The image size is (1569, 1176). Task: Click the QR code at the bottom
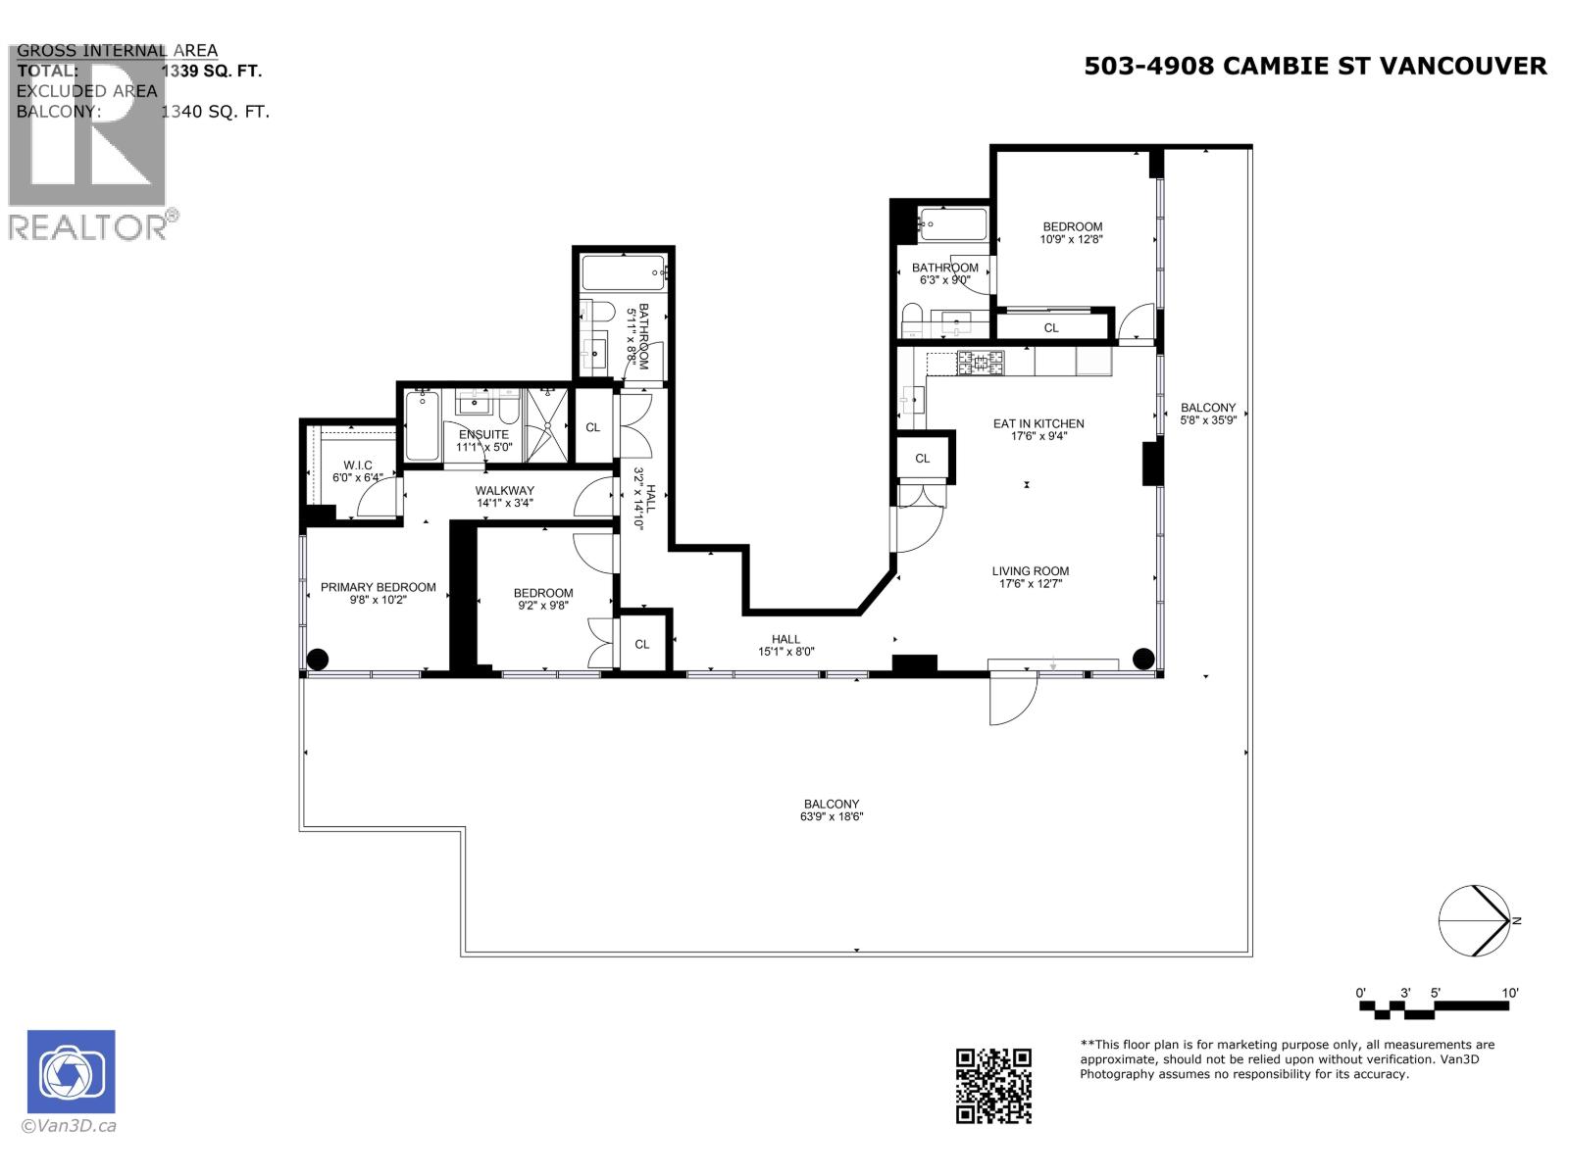(993, 1085)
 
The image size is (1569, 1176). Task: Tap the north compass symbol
(1474, 920)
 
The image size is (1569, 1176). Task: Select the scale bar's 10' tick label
(1509, 993)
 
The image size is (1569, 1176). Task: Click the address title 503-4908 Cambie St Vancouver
(1315, 66)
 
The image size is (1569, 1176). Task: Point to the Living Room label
(1030, 570)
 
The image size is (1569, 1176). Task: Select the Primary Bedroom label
(378, 587)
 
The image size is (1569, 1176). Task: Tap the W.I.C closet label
(357, 465)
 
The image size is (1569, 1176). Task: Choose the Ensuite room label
(482, 434)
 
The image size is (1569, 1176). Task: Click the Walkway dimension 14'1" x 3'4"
(504, 503)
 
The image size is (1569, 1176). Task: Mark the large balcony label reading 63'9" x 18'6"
(832, 816)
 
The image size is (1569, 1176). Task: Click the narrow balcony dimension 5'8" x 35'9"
(1207, 420)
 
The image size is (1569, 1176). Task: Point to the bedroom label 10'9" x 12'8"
(1072, 226)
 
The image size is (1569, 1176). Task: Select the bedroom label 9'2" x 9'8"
(542, 593)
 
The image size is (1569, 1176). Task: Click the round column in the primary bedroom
(319, 660)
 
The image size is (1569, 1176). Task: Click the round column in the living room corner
(1142, 659)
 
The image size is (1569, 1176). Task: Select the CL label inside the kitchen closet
(922, 458)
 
